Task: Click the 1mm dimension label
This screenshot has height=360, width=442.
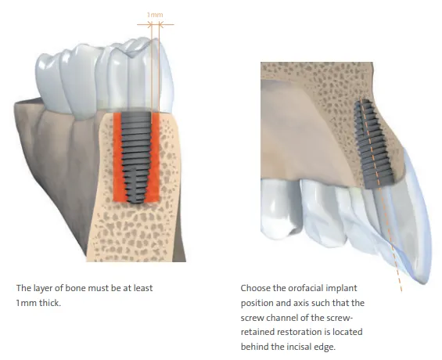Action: pyautogui.click(x=155, y=15)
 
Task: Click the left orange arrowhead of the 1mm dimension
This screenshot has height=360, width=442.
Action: pyautogui.click(x=150, y=25)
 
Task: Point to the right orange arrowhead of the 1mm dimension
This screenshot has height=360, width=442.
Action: pyautogui.click(x=161, y=25)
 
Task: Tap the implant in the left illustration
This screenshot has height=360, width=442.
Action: pyautogui.click(x=136, y=157)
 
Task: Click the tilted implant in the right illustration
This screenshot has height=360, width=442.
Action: pyautogui.click(x=374, y=144)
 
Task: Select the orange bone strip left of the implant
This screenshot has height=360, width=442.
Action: pyautogui.click(x=118, y=157)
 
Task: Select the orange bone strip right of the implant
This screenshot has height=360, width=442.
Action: pyautogui.click(x=156, y=157)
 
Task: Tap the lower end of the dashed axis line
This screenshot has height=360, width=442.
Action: pyautogui.click(x=401, y=290)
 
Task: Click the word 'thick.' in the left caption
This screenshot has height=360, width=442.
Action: pyautogui.click(x=50, y=303)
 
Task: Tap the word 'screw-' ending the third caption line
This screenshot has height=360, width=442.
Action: pyautogui.click(x=340, y=318)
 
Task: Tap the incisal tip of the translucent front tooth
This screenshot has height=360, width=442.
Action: pyautogui.click(x=426, y=282)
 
